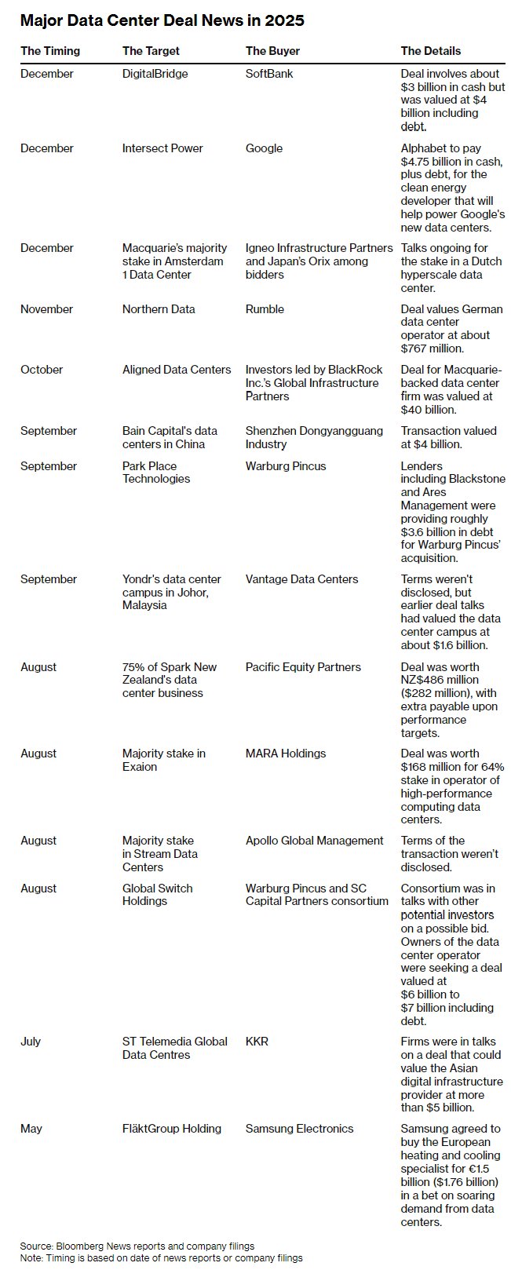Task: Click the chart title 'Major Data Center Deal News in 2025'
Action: point(162,21)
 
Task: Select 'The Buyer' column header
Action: point(272,51)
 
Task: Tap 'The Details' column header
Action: point(431,51)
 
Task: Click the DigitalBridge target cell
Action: point(155,74)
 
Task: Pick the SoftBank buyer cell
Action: point(269,74)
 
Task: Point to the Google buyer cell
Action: point(264,148)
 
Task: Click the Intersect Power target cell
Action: point(162,148)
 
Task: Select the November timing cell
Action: point(47,309)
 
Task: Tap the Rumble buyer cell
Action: point(265,309)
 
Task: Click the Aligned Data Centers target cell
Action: point(177,370)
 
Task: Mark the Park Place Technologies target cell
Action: point(156,473)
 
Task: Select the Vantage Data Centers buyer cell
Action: point(301,579)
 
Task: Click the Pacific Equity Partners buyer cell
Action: point(303,667)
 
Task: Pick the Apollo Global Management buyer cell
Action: point(314,841)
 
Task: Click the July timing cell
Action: point(31,1042)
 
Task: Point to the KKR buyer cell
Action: point(257,1042)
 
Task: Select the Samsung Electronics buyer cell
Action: point(299,1129)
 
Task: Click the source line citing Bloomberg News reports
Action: point(137,1246)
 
